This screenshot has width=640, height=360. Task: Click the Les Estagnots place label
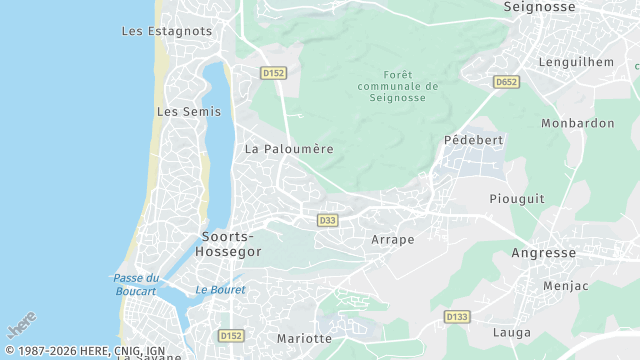167,31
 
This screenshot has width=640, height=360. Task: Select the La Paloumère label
289,148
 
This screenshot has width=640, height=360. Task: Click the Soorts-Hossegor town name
231,244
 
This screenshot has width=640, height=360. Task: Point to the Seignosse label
539,7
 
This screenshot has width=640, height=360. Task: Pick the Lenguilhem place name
576,61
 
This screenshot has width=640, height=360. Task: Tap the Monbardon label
577,123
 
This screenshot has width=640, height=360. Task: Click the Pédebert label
474,140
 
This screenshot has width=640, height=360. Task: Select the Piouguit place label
517,198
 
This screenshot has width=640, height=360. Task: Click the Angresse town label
543,253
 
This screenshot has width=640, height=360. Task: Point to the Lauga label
512,331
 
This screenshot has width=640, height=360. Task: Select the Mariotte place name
304,338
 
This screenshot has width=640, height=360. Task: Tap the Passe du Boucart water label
136,284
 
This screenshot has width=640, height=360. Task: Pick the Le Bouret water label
220,290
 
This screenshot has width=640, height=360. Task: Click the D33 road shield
326,220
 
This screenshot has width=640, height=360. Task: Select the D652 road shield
505,82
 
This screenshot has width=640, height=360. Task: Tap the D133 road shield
456,317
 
